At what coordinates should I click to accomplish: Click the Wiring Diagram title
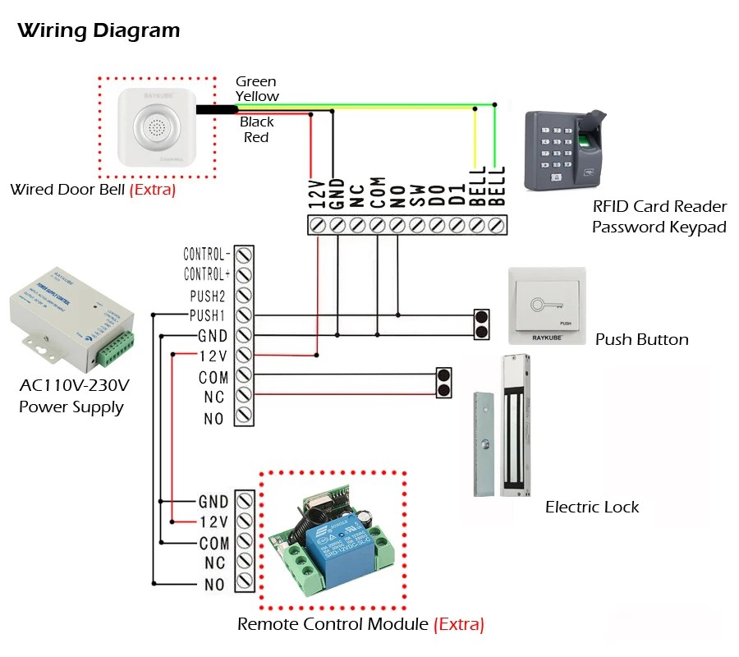click(x=99, y=31)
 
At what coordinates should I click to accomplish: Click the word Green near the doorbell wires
click(x=255, y=81)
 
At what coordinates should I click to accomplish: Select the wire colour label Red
click(x=256, y=137)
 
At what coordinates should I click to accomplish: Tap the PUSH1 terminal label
click(x=209, y=315)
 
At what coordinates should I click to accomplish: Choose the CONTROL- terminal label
click(x=206, y=255)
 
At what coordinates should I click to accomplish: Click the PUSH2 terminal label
click(x=209, y=295)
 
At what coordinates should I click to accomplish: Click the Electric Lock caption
click(x=592, y=507)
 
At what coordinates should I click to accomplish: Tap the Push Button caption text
click(x=641, y=339)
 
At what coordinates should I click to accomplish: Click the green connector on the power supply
click(x=115, y=346)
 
